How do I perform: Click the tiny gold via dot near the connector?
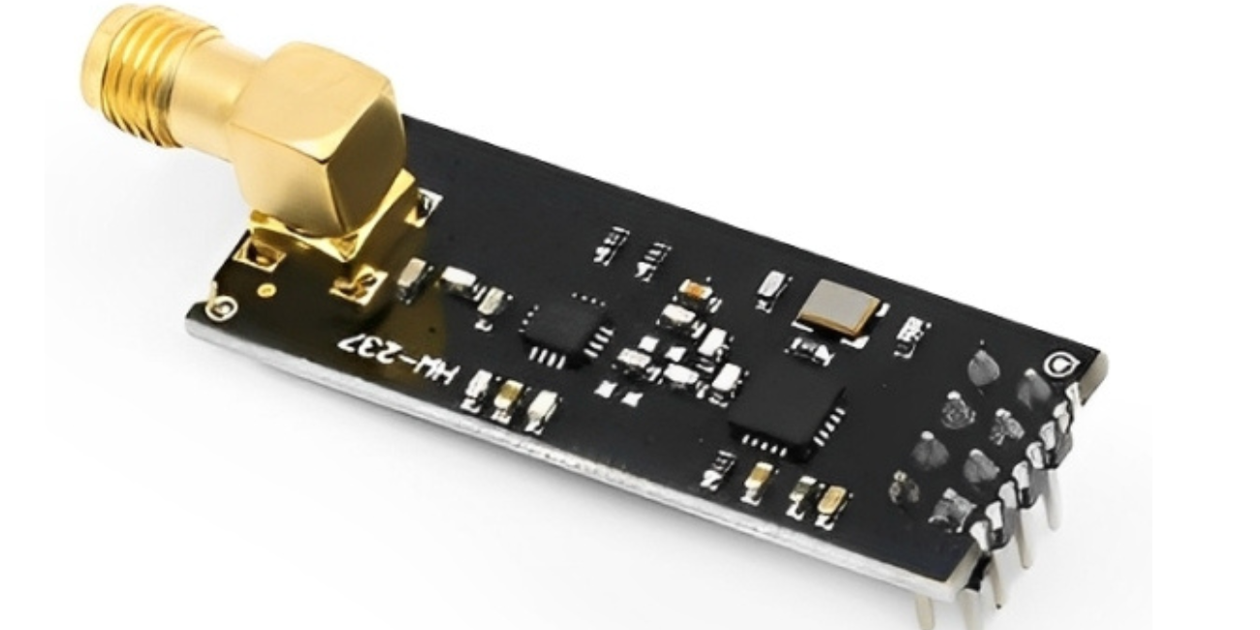coord(263,291)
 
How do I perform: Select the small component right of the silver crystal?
coord(911,332)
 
